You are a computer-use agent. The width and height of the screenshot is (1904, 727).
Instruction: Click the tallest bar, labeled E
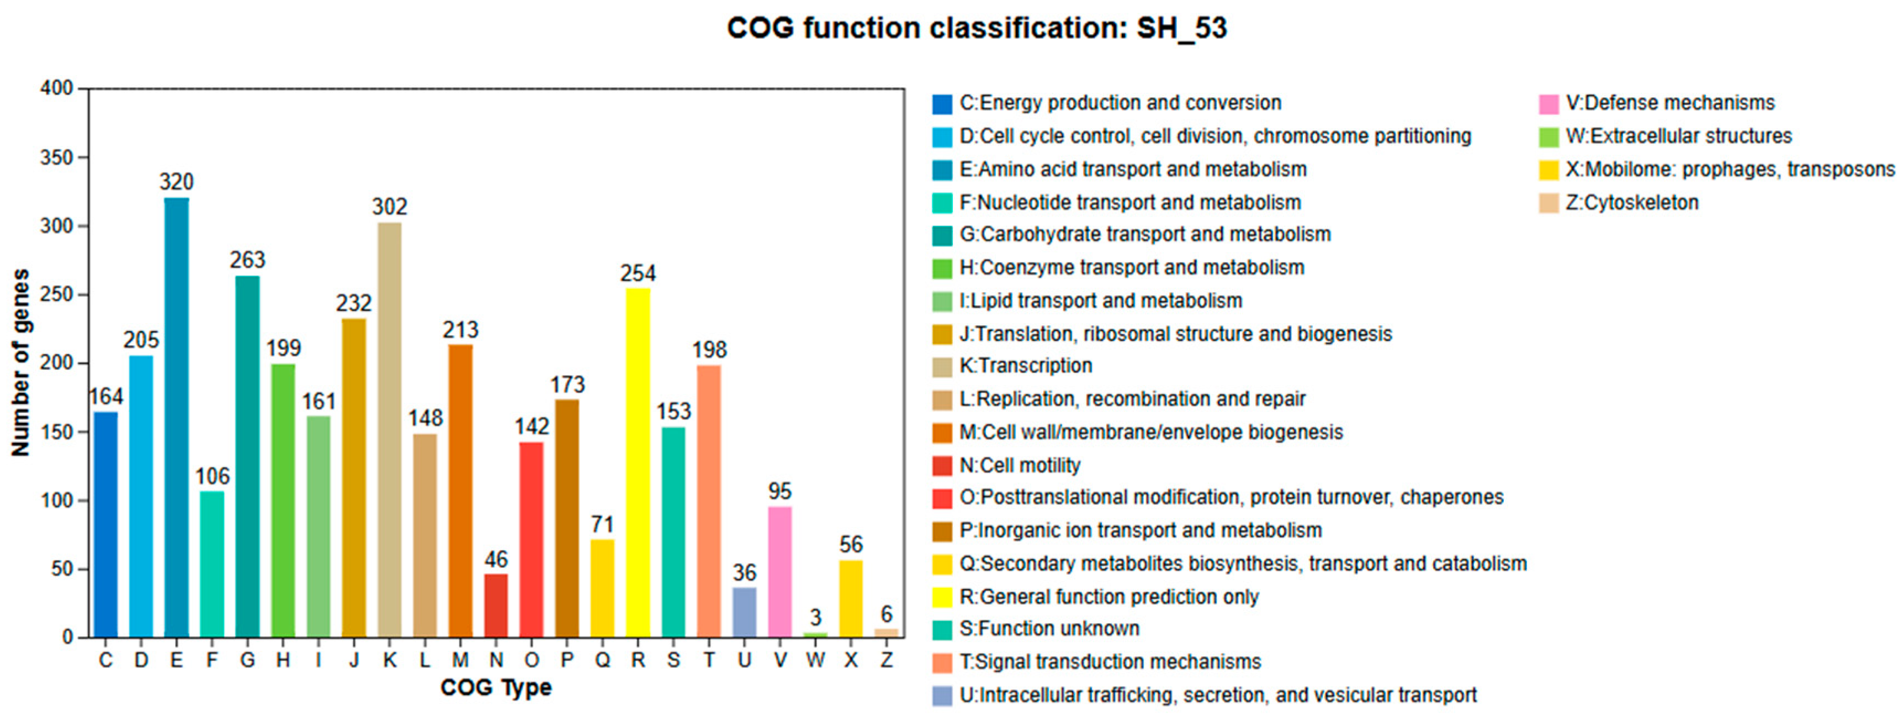tap(176, 418)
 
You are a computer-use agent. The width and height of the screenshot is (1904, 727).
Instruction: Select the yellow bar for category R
tap(638, 462)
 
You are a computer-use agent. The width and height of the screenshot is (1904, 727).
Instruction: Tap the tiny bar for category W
tap(815, 635)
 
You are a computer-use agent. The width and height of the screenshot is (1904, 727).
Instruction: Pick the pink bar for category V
tap(780, 572)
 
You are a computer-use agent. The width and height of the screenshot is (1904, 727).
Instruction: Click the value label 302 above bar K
tap(390, 207)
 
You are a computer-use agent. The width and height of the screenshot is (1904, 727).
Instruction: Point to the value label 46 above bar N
tap(496, 560)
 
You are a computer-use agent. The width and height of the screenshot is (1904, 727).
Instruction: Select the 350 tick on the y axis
tap(56, 157)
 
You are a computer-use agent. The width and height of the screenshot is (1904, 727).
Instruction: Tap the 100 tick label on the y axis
tap(56, 501)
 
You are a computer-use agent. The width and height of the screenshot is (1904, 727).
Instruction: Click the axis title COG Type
tap(496, 688)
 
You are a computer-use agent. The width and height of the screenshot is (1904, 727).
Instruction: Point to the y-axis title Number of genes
tap(20, 362)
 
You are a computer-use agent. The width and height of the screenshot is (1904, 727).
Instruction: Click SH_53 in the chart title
tap(1181, 28)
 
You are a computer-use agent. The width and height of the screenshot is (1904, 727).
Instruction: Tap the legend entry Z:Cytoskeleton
tap(1631, 203)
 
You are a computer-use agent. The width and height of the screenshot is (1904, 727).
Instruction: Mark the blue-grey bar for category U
tap(744, 612)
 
